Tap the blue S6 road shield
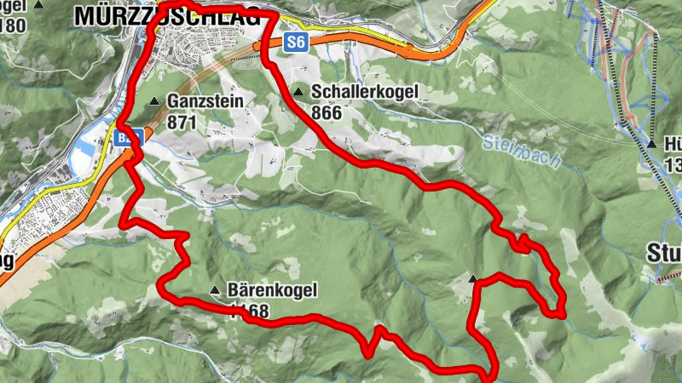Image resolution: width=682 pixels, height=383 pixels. point(295,42)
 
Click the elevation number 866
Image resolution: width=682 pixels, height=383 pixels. point(327,111)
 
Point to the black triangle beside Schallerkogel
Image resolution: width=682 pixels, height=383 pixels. point(298,92)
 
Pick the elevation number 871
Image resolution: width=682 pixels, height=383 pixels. point(182,123)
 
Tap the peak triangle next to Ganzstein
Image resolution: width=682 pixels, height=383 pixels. point(154,102)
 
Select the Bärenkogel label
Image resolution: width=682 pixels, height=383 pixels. point(272,290)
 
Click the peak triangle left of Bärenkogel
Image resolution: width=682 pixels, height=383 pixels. point(215,291)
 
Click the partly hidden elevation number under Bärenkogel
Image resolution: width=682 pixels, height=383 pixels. point(249,311)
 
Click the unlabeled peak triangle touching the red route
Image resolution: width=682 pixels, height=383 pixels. point(474,277)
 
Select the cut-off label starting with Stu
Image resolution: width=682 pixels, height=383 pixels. point(663,252)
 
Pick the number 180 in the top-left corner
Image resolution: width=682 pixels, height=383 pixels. point(11,23)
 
